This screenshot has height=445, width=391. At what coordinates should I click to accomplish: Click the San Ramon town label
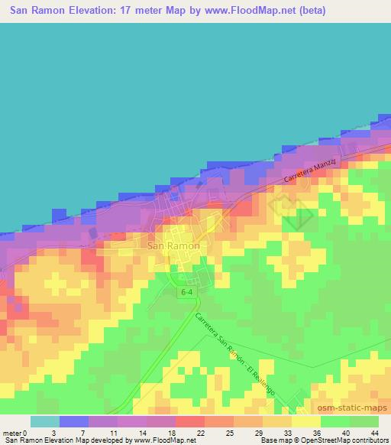click(173, 246)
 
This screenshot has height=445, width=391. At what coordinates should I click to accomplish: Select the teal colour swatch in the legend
click(44, 421)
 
